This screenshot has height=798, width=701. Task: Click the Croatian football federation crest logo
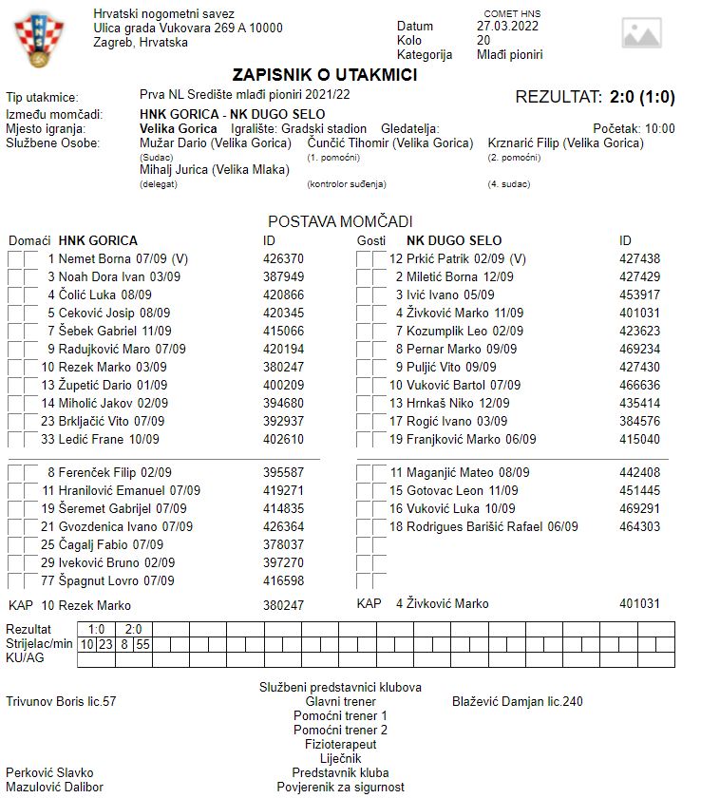(x=38, y=40)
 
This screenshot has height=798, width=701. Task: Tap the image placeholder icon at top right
(x=641, y=33)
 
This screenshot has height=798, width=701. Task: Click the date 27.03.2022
(x=507, y=27)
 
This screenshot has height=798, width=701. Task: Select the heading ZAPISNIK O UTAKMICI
(x=324, y=75)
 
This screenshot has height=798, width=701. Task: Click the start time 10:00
(x=659, y=128)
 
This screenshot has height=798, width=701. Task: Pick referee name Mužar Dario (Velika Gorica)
(x=216, y=143)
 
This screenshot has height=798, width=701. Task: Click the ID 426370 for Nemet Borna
(x=283, y=258)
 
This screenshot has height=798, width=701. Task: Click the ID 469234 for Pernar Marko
(x=639, y=349)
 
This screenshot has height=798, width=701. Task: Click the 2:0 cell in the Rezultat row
(x=134, y=629)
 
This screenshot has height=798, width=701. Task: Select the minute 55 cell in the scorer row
(x=142, y=644)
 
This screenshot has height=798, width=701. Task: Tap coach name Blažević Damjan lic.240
(x=518, y=702)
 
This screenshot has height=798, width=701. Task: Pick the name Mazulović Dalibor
(x=54, y=787)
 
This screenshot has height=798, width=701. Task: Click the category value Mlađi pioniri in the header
(x=510, y=55)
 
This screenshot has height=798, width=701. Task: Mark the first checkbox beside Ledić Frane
(x=15, y=440)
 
